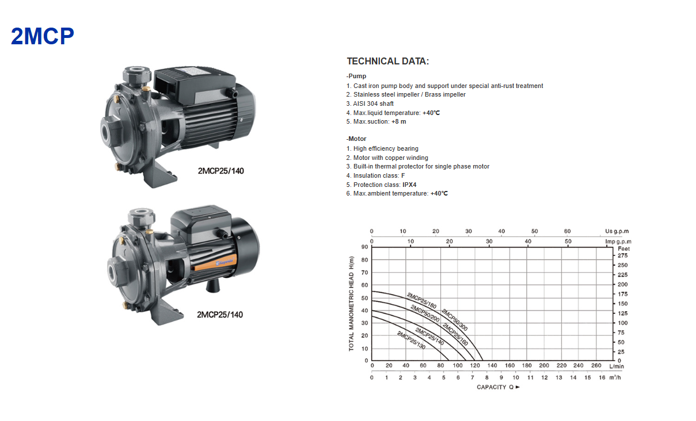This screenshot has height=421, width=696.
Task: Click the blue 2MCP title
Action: (x=43, y=36)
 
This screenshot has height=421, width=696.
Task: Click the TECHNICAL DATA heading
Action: (x=388, y=61)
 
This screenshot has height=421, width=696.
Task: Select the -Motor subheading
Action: (x=356, y=139)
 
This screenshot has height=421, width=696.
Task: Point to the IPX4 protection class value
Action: (x=409, y=185)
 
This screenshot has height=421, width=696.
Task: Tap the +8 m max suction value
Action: (x=398, y=122)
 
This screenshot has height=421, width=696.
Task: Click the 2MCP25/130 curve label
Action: (x=411, y=340)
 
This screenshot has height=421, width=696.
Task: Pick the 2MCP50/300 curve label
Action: (x=455, y=320)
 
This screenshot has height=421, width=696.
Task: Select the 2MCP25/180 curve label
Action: (x=421, y=301)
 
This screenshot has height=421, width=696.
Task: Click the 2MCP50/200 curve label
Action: (x=425, y=313)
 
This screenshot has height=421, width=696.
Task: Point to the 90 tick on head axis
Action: (x=364, y=247)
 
